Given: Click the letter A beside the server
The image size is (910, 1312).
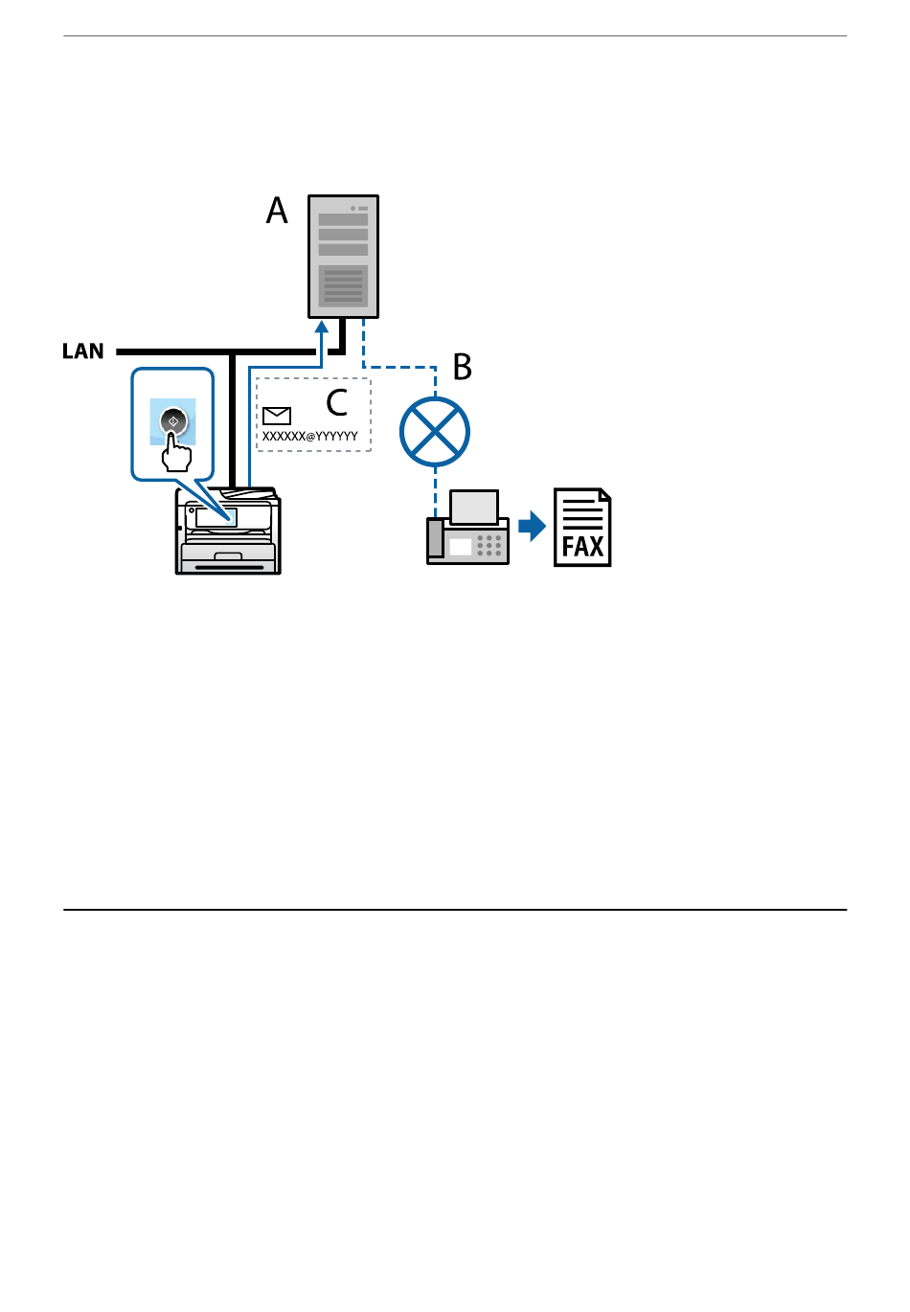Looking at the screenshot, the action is pos(277,211).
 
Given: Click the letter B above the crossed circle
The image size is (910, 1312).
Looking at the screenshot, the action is pos(463,367).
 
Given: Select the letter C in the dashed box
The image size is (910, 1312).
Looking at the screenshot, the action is pos(336,402).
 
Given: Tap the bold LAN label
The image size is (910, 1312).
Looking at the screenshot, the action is pos(83,351).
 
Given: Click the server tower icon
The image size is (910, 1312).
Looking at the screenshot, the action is pos(343,257).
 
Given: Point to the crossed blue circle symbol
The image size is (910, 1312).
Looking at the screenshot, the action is pos(435,432).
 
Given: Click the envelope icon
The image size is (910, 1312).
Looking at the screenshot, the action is pos(277,415).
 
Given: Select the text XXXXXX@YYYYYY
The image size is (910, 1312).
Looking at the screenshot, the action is pos(310,437).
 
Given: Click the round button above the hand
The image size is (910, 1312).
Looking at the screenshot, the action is pos(173,420).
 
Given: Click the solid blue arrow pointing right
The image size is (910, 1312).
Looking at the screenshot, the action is pos(532,526).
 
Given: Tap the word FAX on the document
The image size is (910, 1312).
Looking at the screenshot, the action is pos(582,547).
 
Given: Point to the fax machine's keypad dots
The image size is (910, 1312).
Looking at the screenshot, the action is pos(489,546).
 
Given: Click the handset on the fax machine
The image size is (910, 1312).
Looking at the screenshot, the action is pos(436,538).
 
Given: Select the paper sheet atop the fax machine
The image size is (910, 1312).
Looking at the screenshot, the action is pos(474,507).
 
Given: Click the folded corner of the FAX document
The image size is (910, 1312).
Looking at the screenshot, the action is pos(603,495).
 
